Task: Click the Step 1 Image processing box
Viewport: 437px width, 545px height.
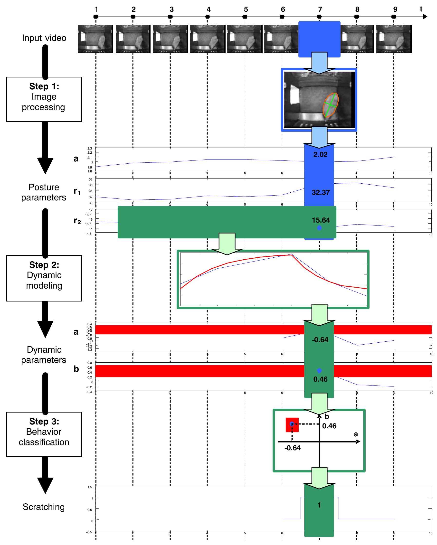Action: (x=44, y=99)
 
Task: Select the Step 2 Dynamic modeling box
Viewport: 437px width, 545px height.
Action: (x=44, y=278)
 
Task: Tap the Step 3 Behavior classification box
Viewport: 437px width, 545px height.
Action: (x=44, y=434)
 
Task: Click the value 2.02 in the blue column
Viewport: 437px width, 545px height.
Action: (x=320, y=154)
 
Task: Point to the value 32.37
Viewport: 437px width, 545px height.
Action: (x=320, y=192)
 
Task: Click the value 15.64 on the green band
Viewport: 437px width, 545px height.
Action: (x=321, y=220)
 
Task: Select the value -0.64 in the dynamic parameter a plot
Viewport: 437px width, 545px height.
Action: (x=320, y=340)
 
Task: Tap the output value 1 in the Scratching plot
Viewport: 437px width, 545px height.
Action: (x=319, y=505)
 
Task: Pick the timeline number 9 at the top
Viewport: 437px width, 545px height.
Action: (x=395, y=9)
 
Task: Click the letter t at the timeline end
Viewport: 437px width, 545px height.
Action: (x=421, y=9)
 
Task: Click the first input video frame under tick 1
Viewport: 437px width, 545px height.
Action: (x=95, y=39)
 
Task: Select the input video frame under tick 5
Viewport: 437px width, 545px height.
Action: (x=245, y=39)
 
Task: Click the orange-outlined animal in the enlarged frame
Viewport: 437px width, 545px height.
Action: (x=331, y=105)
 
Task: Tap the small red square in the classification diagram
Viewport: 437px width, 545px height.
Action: (x=292, y=425)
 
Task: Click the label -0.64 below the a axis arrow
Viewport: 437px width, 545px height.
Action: (x=293, y=448)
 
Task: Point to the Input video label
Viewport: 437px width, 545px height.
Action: (x=44, y=38)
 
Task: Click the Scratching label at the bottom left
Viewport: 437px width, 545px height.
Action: (x=44, y=507)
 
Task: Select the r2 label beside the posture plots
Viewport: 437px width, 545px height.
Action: (x=77, y=221)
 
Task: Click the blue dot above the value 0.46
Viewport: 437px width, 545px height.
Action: (x=319, y=371)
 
